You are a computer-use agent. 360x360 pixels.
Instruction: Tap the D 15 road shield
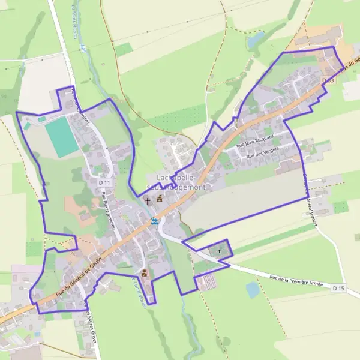pos(338,289)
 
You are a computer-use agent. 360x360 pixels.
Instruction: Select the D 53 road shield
pos(327,80)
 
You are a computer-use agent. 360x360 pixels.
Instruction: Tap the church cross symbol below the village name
pos(148,200)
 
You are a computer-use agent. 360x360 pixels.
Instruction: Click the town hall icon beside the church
pos(160,199)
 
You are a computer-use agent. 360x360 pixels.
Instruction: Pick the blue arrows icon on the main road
pos(154,221)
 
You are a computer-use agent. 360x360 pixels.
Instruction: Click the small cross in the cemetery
pos(219,250)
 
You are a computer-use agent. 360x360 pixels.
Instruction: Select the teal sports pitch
pos(61,137)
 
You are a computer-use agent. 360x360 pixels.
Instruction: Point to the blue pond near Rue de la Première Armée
pos(253,289)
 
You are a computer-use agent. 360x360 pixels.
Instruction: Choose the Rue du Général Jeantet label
pos(310,198)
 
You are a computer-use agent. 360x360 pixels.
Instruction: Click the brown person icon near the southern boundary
pos(143,274)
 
